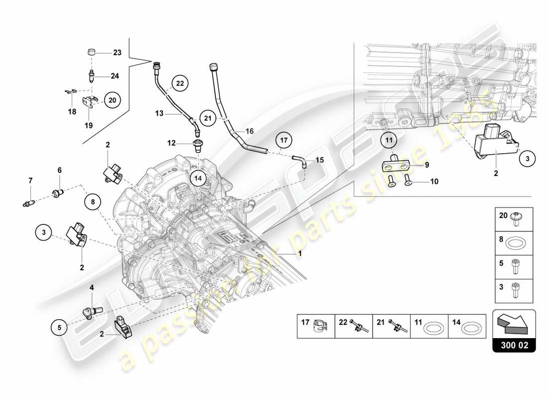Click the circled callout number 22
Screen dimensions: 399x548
coord(180,83)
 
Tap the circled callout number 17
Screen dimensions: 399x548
coord(283,141)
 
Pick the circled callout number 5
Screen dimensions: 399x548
coord(59,327)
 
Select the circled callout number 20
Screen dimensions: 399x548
coord(112,100)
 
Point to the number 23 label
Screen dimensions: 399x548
coord(117,52)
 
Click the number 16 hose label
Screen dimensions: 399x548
coord(250,131)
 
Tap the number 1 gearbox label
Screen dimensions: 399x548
coord(299,253)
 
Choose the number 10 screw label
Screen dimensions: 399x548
coord(434,182)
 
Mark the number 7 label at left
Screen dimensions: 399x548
coord(30,180)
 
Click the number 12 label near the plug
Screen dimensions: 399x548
coord(171,143)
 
